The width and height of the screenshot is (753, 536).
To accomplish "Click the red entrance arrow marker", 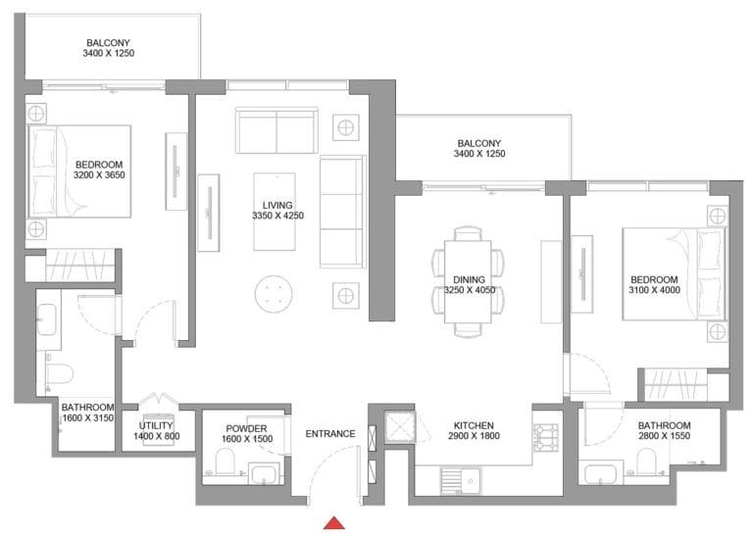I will pos(335,523).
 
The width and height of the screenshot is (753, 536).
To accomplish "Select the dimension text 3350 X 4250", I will pos(272,216).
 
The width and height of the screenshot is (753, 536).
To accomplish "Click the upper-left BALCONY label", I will pos(109,43).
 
